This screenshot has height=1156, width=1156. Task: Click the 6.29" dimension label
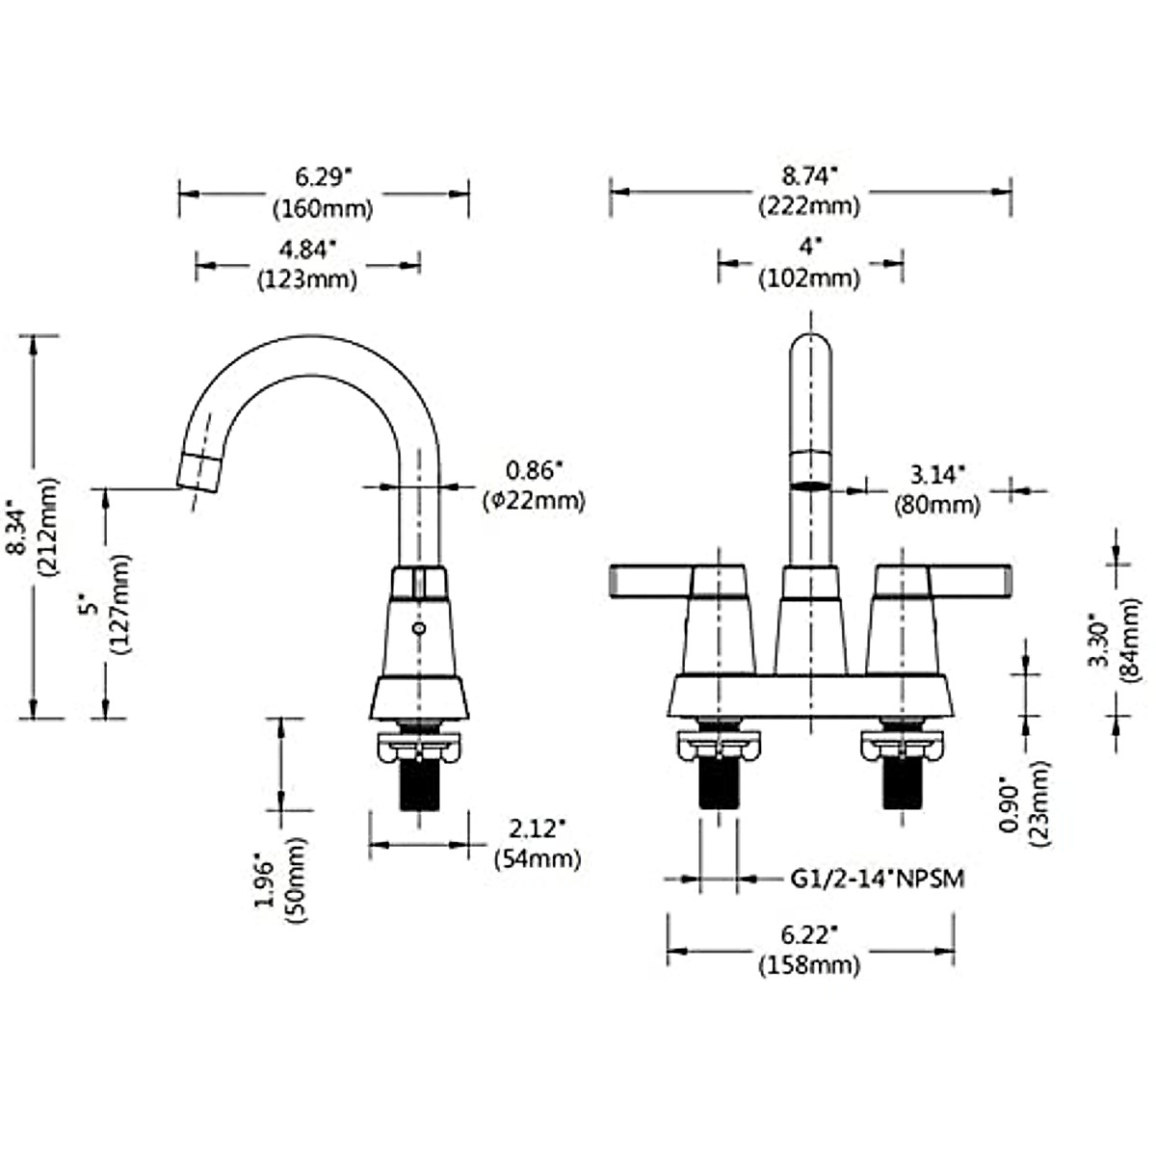tap(324, 177)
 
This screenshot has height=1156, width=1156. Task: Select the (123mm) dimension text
tap(307, 279)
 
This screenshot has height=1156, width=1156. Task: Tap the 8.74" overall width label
tap(809, 176)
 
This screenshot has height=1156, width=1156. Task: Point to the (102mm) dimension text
tap(809, 279)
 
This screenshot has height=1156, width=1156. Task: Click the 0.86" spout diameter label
tap(534, 471)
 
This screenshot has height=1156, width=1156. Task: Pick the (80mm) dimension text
tap(937, 503)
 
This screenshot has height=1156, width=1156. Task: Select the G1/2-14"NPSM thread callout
tap(878, 879)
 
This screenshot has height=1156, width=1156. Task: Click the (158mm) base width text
tap(809, 963)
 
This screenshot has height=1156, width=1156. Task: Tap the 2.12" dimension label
tap(537, 828)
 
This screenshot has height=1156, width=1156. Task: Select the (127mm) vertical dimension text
tap(120, 605)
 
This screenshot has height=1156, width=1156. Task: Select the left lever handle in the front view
tap(650, 582)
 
